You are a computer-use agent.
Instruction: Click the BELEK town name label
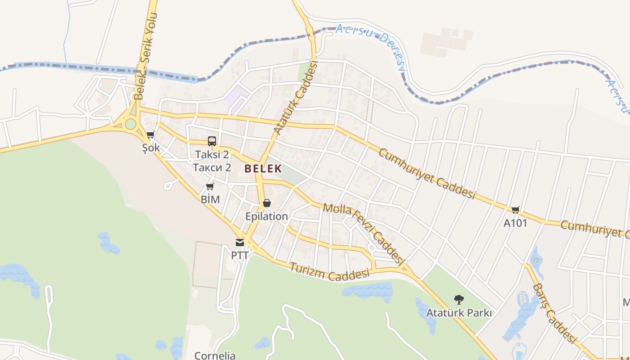tap(263, 169)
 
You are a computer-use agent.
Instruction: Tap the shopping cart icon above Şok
tap(151, 135)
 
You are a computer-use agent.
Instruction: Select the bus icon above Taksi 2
tap(212, 141)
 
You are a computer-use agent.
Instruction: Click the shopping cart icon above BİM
tap(210, 186)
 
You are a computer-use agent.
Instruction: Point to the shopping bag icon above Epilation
tap(267, 203)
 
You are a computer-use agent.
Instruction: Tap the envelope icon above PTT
tap(240, 243)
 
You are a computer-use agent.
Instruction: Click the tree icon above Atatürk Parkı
tap(459, 299)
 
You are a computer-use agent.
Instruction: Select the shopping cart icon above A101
tap(515, 210)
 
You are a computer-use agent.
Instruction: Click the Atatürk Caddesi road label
tap(296, 98)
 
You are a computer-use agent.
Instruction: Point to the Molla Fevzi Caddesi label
tap(362, 233)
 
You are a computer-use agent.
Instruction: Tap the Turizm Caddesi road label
tap(330, 272)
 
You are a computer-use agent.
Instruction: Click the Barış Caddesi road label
tap(554, 313)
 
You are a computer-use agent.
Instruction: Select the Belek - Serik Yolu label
tap(145, 56)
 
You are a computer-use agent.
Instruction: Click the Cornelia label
tap(215, 355)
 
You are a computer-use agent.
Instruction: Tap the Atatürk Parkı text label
tap(459, 312)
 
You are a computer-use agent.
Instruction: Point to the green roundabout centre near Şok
tap(130, 123)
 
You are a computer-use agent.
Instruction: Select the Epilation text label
tap(266, 216)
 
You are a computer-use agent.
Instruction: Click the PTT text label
tap(240, 255)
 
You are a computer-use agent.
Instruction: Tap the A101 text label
tap(515, 223)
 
